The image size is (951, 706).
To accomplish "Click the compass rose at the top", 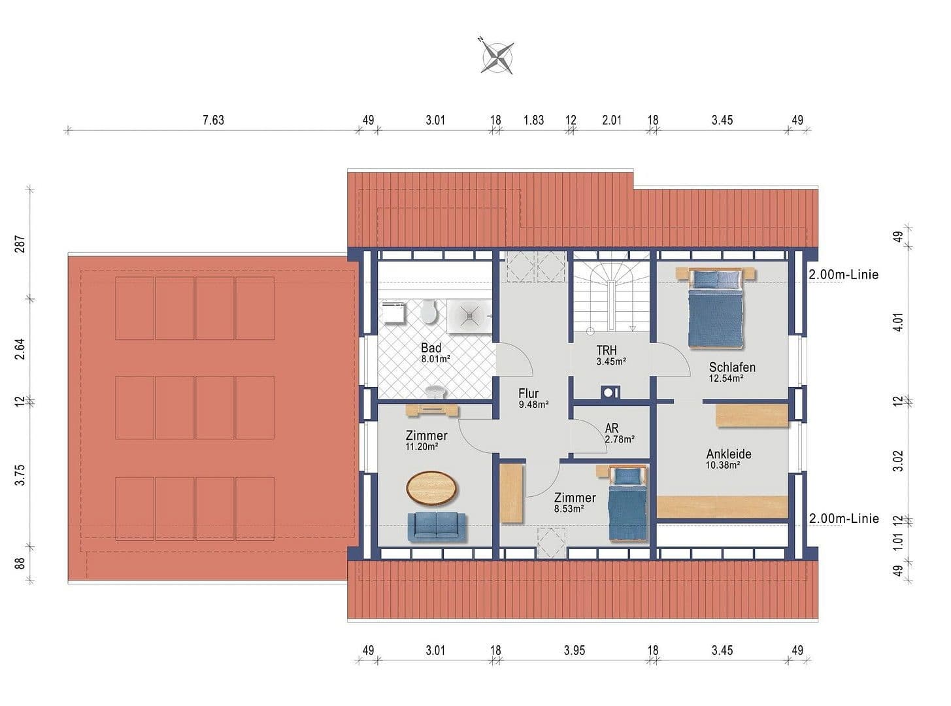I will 497,56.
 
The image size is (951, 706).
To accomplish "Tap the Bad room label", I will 431,348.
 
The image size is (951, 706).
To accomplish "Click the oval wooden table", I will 432,488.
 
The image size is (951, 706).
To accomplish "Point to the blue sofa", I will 437,527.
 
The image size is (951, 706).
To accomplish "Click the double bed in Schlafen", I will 715,309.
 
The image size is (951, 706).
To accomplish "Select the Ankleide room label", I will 728,454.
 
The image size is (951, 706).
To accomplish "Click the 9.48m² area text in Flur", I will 533,405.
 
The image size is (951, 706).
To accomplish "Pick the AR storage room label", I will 611,429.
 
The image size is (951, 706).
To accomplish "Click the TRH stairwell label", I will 606,350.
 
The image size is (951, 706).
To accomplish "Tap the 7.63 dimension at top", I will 213,120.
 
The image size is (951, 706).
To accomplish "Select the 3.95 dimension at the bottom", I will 574,650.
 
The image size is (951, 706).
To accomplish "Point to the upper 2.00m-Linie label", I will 843,275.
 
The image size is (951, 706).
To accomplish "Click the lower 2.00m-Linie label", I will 843,518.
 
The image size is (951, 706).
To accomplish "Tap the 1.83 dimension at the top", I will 533,120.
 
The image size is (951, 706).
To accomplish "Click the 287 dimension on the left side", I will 20,244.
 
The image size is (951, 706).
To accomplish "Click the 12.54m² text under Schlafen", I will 726,378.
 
